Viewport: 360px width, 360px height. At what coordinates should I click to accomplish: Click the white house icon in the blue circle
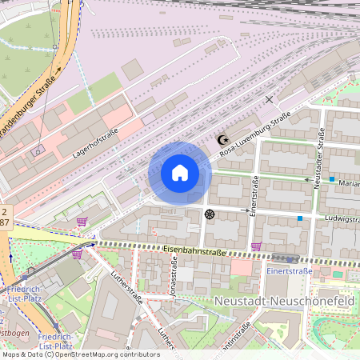[x=179, y=173]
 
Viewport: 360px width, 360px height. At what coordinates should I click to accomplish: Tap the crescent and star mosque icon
[x=223, y=141]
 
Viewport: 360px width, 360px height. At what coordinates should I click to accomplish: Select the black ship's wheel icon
[x=210, y=214]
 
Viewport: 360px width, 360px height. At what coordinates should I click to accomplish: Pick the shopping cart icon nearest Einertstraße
[x=255, y=246]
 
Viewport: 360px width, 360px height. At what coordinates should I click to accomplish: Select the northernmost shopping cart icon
[x=82, y=222]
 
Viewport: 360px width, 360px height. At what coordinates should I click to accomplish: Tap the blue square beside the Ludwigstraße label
[x=300, y=218]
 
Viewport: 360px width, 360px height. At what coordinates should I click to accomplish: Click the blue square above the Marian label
[x=331, y=179]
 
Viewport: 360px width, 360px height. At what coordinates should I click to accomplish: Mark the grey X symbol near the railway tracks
[x=269, y=99]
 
